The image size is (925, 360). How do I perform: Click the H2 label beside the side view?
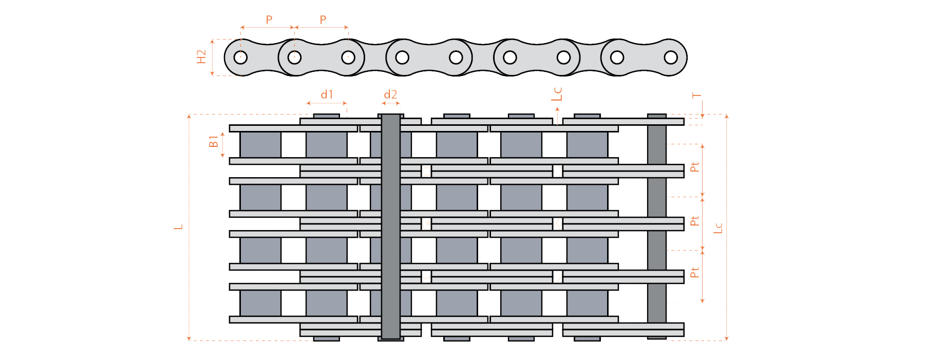201,56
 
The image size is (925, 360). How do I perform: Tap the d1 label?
327,94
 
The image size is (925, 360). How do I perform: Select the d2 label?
390,94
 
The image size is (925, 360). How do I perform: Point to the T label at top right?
696,96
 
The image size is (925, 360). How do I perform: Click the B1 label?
214,142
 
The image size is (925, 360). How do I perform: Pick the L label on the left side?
179,226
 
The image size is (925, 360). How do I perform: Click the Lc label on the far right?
718,228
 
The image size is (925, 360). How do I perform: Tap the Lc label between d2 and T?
557,94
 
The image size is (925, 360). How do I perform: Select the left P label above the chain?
269,20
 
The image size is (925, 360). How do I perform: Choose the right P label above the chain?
323,20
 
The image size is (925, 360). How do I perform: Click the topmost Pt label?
695,167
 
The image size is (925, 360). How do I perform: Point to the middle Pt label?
695,221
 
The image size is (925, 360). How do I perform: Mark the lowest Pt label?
695,273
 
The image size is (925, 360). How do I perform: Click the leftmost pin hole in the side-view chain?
240,57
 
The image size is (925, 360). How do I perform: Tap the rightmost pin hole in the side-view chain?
671,57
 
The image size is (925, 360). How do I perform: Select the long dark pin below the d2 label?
390,226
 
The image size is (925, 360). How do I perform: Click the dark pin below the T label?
656,226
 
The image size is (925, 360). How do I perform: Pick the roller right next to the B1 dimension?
260,145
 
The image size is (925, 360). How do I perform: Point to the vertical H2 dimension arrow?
212,57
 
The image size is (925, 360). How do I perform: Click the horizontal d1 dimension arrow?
327,103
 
